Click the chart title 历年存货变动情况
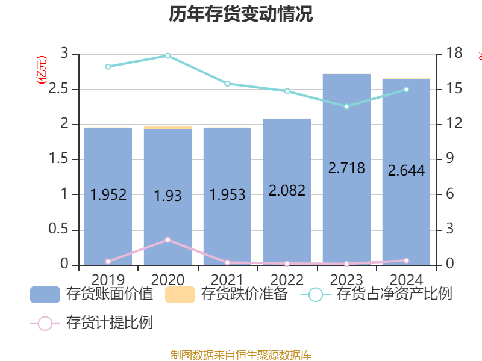241,14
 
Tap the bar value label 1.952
108,195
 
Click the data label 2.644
406,171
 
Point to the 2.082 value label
287,191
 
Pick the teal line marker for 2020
167,55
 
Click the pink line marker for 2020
167,240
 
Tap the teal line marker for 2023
346,106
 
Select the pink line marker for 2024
406,261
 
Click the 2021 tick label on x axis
227,280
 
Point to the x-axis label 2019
108,280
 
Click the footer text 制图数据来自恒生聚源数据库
241,354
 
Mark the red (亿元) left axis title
41,70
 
